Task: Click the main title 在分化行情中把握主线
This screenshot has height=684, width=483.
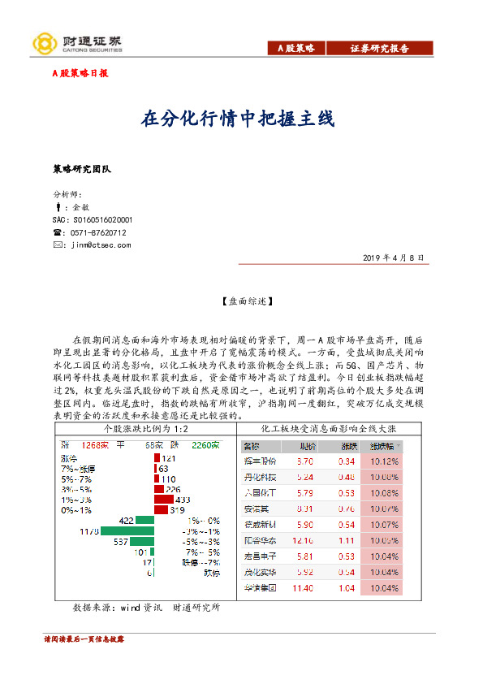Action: tap(238, 119)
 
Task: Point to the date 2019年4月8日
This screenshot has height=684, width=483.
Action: tap(394, 257)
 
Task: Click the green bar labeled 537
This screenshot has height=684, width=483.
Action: tap(143, 541)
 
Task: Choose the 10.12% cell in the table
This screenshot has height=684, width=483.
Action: tap(384, 461)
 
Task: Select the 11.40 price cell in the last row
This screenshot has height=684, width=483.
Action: tap(304, 587)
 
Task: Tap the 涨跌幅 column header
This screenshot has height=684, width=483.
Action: tap(382, 446)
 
